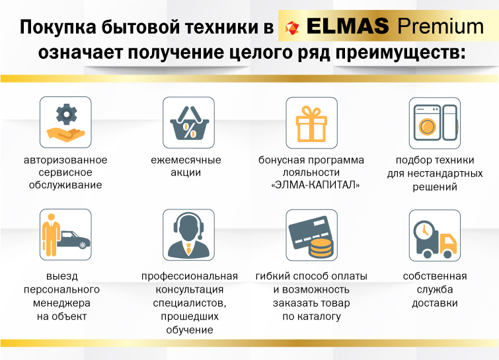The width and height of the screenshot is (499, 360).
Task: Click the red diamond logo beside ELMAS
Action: [292, 28]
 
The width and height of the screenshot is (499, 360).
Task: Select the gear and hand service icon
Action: [65, 123]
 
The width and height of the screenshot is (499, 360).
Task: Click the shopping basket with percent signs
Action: [188, 123]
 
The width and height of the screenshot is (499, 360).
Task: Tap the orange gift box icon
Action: [311, 124]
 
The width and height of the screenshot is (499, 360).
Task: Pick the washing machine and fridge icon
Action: [434, 124]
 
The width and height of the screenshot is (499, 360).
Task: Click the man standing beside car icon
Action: [65, 235]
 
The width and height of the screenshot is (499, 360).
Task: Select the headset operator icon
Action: [188, 235]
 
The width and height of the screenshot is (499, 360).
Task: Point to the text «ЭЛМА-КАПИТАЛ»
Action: [311, 185]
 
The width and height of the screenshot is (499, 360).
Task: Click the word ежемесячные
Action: [188, 160]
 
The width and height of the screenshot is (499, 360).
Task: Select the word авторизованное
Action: [65, 160]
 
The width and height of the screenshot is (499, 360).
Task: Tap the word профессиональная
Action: [188, 276]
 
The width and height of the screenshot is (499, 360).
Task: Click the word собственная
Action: [434, 276]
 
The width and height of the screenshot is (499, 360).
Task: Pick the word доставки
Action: [434, 303]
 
